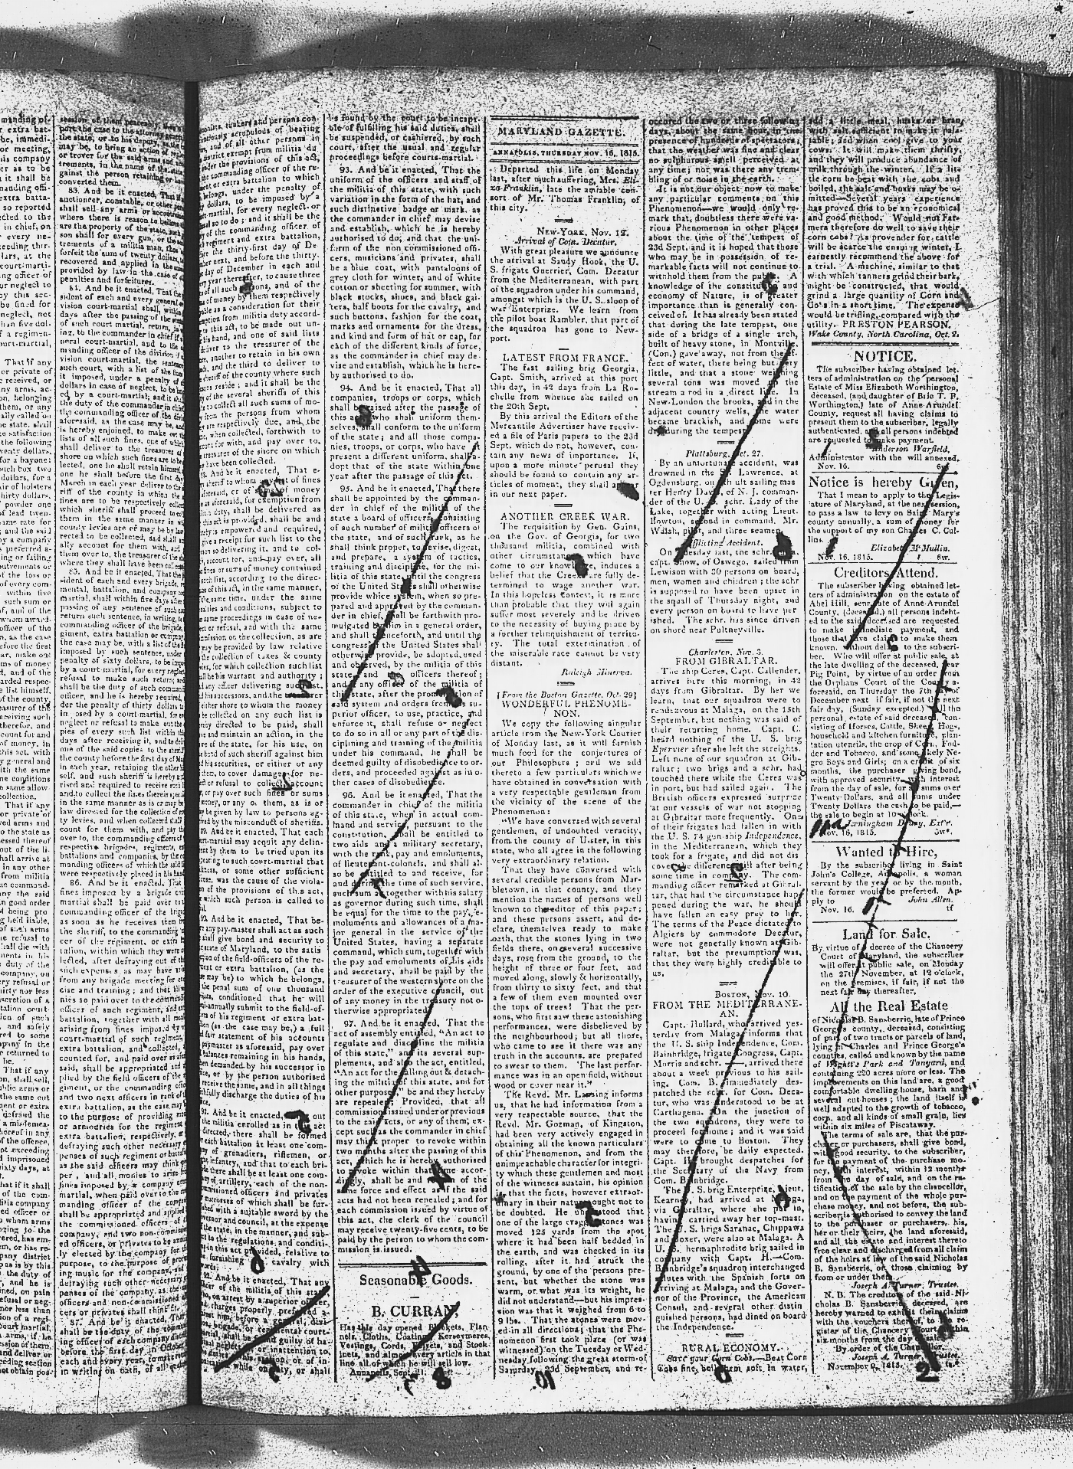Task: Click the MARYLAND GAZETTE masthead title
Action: [560, 132]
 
